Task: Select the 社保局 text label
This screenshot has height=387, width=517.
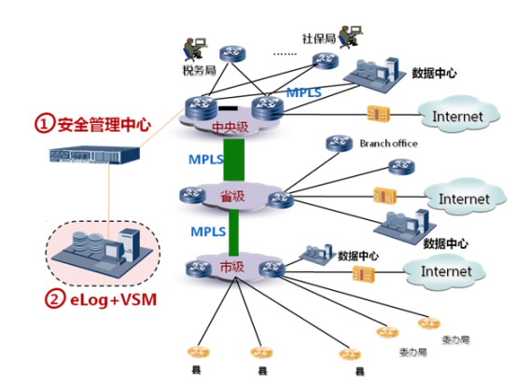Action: (x=315, y=39)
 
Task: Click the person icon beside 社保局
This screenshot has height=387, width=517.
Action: (x=353, y=36)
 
